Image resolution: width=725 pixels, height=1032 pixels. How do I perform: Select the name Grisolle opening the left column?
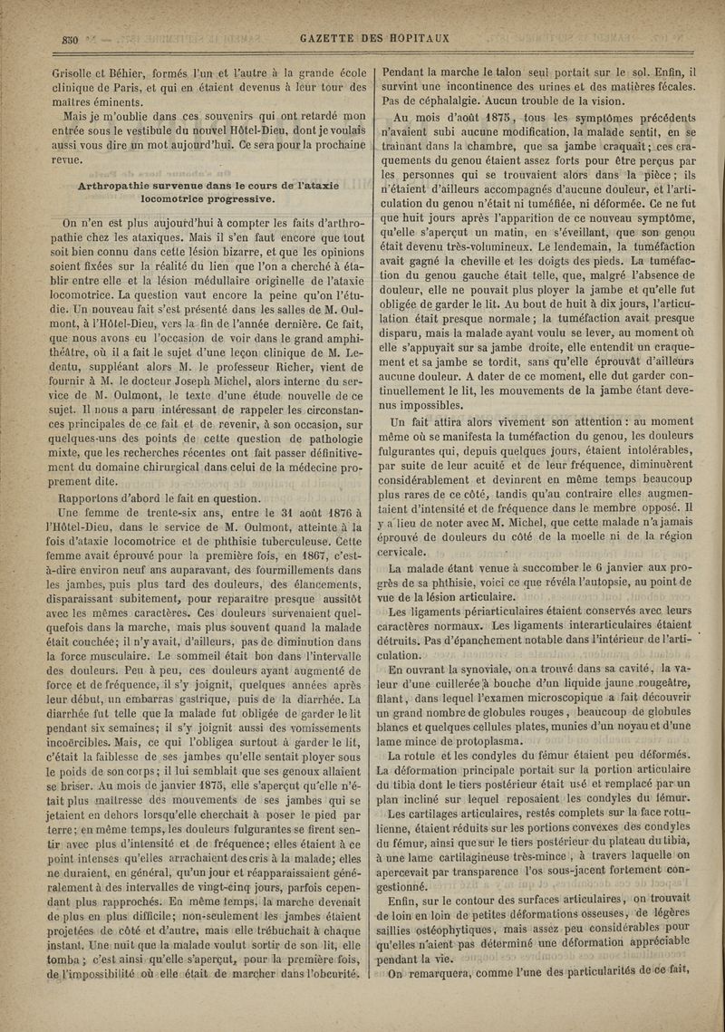pos(78,70)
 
